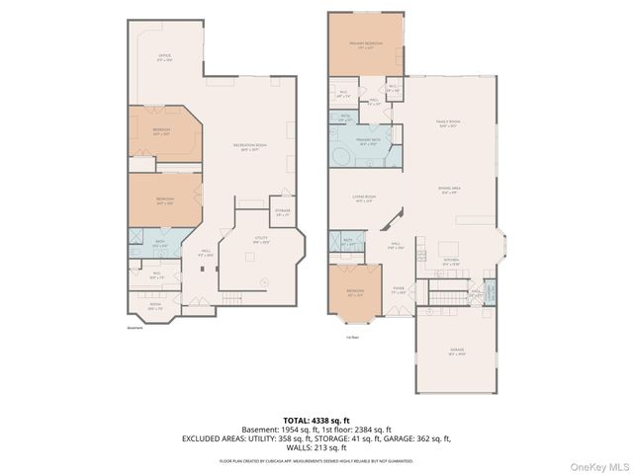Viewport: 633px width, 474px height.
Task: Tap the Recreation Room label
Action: coord(246,148)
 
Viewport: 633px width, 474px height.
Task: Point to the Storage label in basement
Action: coord(282,212)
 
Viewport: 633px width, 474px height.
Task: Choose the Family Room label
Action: coord(450,123)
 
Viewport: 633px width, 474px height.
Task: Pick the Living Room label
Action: coord(364,198)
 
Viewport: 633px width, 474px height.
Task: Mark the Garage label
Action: coord(458,352)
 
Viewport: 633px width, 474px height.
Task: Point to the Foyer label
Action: coord(400,291)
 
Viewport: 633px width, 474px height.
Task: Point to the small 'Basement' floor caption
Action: coord(136,329)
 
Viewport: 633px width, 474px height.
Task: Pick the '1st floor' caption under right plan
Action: coord(352,336)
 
